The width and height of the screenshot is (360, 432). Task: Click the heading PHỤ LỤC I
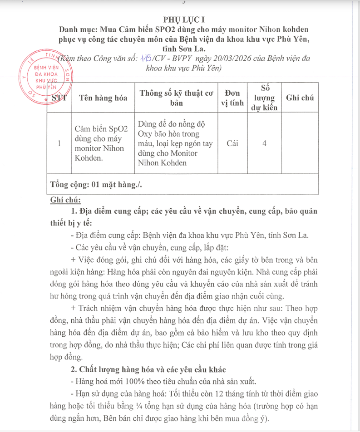click(x=180, y=20)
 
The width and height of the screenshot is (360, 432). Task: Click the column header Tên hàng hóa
click(x=103, y=98)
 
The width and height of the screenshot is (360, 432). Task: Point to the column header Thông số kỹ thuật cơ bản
click(x=176, y=98)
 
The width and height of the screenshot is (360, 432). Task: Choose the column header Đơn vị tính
click(x=232, y=98)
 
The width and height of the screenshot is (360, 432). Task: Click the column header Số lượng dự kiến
click(x=264, y=98)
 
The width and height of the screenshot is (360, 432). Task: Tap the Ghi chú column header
click(x=300, y=98)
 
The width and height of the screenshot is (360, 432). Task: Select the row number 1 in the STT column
click(x=59, y=143)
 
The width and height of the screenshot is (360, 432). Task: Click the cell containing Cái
click(x=232, y=143)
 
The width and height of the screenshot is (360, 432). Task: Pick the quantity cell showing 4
click(x=264, y=143)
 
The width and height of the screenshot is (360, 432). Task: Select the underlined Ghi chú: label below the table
click(x=65, y=200)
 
